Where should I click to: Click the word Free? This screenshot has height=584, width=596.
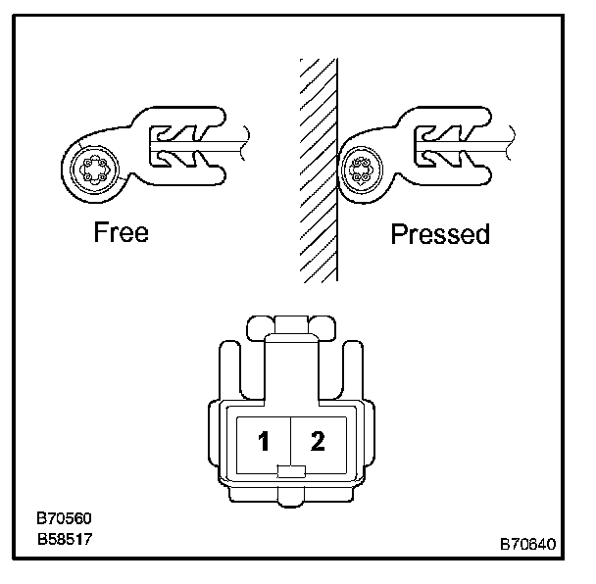(121, 233)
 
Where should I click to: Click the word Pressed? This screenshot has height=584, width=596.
(440, 235)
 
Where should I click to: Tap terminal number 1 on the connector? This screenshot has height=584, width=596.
(263, 442)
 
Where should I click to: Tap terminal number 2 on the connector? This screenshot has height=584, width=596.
(317, 441)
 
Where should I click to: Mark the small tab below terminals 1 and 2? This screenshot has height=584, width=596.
(291, 471)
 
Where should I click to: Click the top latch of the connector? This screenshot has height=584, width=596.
(291, 325)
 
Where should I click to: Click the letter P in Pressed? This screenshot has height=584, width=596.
(399, 235)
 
